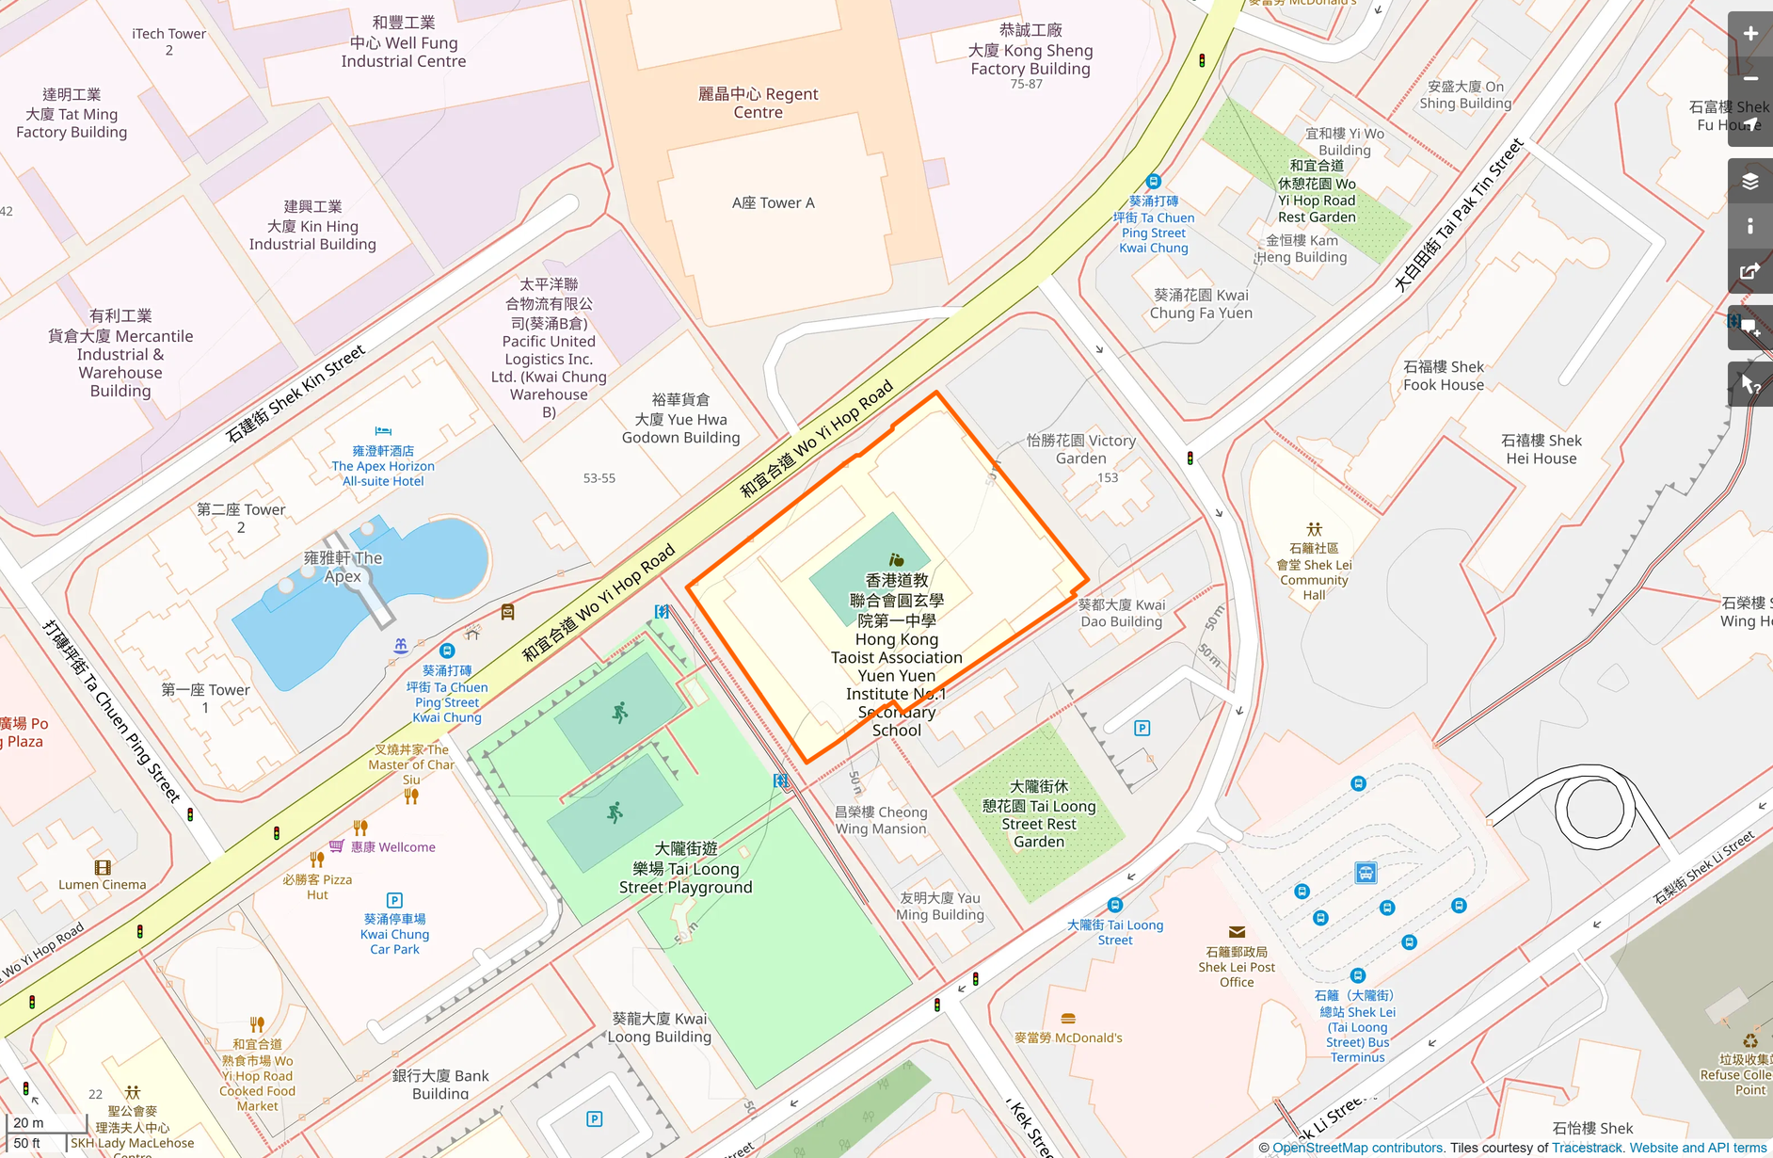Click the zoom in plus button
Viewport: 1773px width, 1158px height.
[x=1749, y=34]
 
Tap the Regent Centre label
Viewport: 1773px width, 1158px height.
[x=758, y=103]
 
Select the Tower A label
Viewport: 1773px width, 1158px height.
[x=773, y=202]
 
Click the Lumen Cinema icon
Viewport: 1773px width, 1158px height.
[x=103, y=867]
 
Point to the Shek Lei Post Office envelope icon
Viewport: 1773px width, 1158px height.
[x=1237, y=932]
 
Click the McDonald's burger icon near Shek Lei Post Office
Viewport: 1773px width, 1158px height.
[x=1067, y=1019]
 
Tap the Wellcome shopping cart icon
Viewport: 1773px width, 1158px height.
[x=336, y=846]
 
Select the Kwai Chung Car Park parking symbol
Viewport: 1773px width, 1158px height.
[x=394, y=900]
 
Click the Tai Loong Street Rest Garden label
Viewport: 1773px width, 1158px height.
[x=1039, y=814]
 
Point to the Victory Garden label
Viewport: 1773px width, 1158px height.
[x=1080, y=449]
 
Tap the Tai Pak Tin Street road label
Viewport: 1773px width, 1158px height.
[x=1458, y=216]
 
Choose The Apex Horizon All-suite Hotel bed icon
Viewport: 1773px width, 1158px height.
[x=383, y=432]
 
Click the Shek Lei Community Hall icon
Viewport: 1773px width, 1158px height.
[x=1314, y=529]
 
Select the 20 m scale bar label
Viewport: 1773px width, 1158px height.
[x=28, y=1122]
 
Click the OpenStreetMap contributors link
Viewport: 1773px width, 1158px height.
[x=1357, y=1148]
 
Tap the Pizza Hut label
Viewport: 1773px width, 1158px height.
[x=317, y=887]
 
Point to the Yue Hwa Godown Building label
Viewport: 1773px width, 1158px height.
[x=680, y=419]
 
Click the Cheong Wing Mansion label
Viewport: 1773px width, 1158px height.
[x=881, y=820]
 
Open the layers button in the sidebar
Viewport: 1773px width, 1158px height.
[x=1749, y=181]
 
